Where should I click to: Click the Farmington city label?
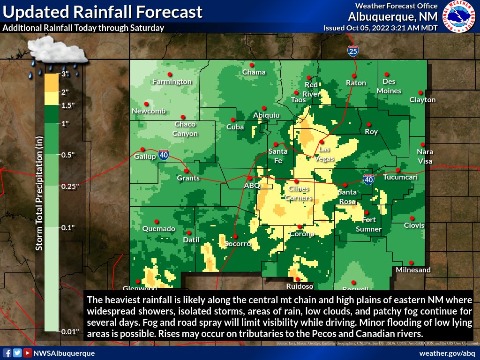point(172,82)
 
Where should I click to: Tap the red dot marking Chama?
point(252,65)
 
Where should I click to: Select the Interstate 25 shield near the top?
point(353,51)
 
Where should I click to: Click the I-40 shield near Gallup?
point(164,155)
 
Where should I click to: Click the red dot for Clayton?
point(420,93)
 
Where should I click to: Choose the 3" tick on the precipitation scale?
point(65,74)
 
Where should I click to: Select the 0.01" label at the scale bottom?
point(71,332)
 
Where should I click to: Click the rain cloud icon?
point(57,54)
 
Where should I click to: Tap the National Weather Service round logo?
point(459,17)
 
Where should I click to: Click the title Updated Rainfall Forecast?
point(103,12)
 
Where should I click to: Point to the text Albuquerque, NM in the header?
point(393,16)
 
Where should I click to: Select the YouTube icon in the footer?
point(29,353)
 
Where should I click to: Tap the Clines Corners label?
point(299,193)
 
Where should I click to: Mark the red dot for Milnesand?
point(411,262)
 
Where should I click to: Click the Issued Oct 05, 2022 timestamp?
point(381,28)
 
